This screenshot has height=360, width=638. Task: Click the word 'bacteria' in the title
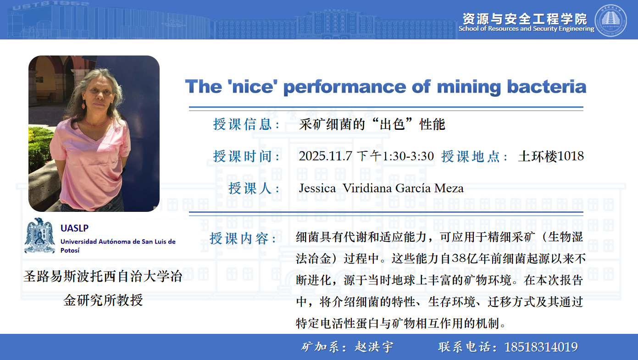tap(547, 87)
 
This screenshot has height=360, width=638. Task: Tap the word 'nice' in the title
tap(253, 87)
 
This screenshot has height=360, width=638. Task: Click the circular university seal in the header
tap(610, 21)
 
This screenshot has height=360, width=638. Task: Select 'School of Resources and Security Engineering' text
tap(527, 29)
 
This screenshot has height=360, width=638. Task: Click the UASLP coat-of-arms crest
tap(39, 236)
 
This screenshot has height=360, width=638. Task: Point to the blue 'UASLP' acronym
tap(74, 228)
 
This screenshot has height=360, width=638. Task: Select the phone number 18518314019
tap(541, 347)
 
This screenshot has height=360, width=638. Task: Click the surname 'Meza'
tap(449, 188)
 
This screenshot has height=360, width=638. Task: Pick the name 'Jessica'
tap(317, 188)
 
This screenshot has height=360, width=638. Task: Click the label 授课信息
tap(242, 124)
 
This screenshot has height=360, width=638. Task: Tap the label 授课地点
tap(470, 156)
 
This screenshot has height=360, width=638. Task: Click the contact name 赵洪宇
tap(374, 347)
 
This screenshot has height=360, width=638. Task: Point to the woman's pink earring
tap(83, 105)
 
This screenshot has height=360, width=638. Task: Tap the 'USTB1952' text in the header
tap(51, 5)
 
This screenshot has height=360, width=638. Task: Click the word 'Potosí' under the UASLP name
tap(70, 250)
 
